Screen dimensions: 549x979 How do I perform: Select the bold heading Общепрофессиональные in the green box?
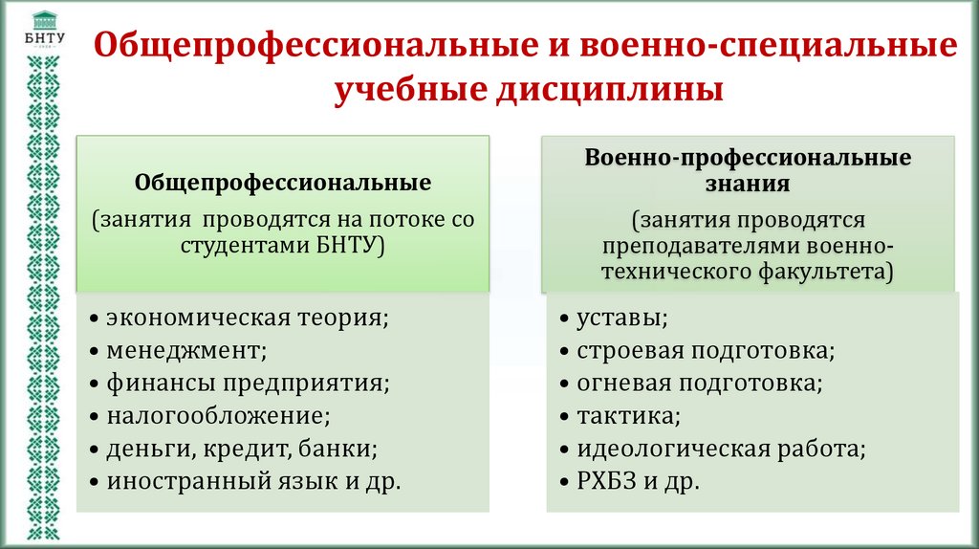[283, 182]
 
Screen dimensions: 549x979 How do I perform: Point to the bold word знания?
[749, 182]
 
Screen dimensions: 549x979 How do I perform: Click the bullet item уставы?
[621, 317]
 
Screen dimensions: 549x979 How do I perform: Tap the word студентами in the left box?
[240, 245]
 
